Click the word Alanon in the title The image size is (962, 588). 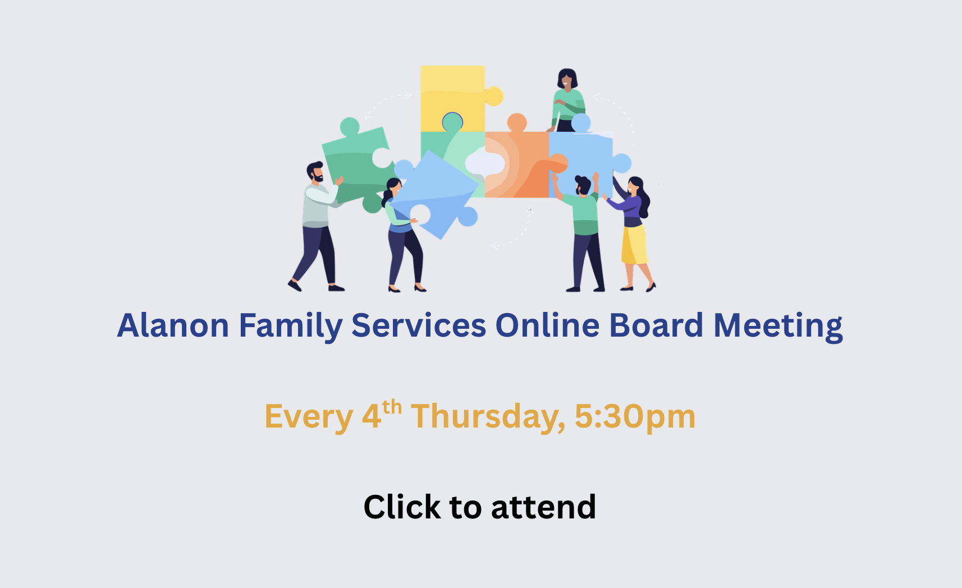click(x=173, y=325)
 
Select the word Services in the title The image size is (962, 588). click(x=418, y=325)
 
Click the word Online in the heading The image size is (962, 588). click(x=547, y=325)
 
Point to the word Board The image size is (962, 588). click(x=656, y=325)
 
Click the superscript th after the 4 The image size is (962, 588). click(x=392, y=406)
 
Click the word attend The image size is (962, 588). click(x=543, y=507)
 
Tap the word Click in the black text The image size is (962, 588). click(x=402, y=507)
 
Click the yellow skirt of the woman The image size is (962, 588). click(x=634, y=245)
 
